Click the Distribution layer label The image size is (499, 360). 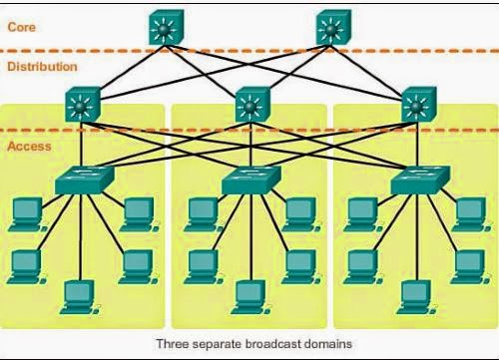[x=41, y=67]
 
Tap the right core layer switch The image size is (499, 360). [x=332, y=27]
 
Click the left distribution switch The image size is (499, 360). [x=81, y=104]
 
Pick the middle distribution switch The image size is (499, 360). [x=249, y=104]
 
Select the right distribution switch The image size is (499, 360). [x=416, y=104]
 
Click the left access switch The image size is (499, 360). [x=84, y=180]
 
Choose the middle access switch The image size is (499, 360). [x=250, y=180]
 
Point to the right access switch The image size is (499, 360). [x=418, y=180]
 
